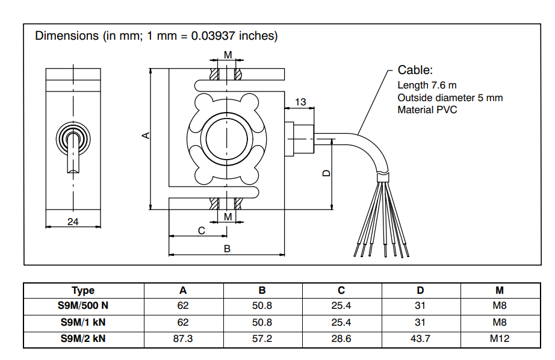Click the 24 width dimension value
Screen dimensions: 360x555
[73, 222]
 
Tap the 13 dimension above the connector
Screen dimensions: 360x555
[300, 102]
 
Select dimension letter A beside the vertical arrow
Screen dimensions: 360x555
[145, 135]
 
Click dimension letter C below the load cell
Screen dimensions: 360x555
[201, 231]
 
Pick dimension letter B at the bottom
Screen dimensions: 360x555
[227, 248]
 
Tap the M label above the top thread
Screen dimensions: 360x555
[228, 55]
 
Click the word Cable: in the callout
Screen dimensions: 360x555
[415, 70]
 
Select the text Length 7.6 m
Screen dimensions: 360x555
[427, 85]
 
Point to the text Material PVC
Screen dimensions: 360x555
[427, 110]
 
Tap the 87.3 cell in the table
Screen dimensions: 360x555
[183, 338]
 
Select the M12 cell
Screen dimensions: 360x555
[500, 338]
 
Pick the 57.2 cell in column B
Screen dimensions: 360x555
[262, 338]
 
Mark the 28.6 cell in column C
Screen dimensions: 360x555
[341, 338]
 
